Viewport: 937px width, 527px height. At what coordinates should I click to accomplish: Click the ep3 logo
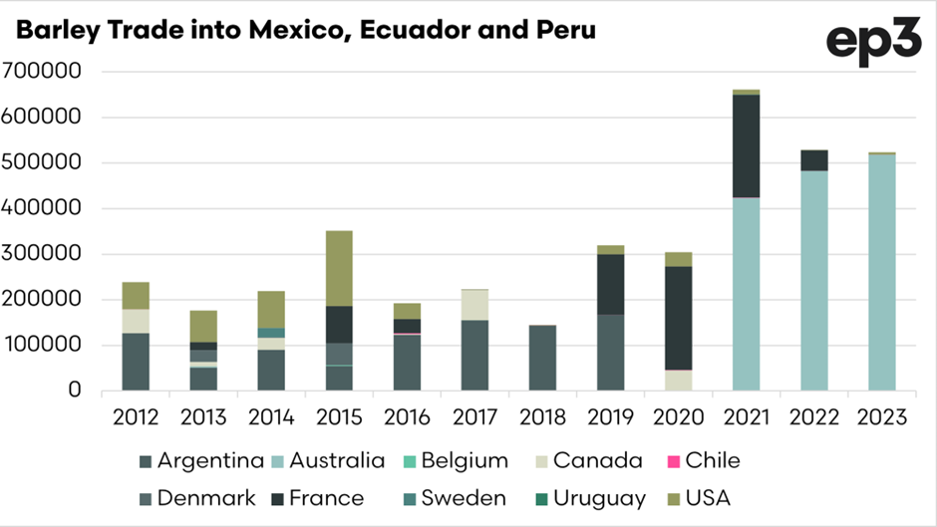pos(873,44)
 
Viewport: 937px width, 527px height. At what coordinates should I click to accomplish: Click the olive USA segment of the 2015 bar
pos(340,268)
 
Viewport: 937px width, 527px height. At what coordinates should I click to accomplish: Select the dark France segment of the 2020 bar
pos(679,318)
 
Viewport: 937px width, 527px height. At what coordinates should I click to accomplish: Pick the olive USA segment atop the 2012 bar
pos(137,295)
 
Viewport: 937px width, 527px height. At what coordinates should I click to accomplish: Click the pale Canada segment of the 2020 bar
pos(679,380)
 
